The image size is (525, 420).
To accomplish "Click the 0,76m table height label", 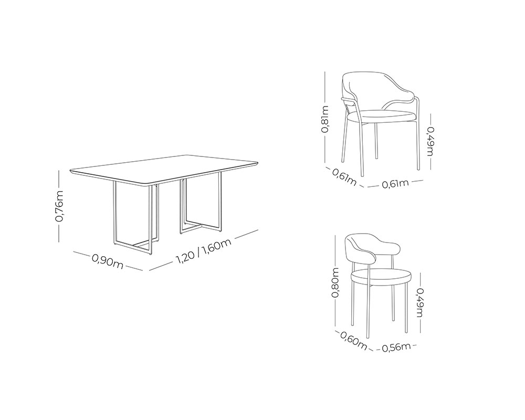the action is click(x=59, y=206).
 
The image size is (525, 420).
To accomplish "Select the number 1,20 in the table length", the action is click(x=185, y=257).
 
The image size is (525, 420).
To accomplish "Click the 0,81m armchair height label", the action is click(x=325, y=119).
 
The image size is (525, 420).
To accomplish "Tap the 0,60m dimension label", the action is click(x=353, y=340).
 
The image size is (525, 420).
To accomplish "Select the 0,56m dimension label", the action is click(x=396, y=348).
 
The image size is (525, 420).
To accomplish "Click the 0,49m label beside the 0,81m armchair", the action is click(x=430, y=141).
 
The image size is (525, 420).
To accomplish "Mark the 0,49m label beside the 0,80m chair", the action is click(x=420, y=303).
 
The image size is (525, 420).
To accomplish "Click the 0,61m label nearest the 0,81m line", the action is click(x=344, y=177).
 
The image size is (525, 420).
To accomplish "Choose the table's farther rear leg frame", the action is click(x=200, y=204).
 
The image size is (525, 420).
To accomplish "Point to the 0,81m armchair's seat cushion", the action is click(x=382, y=117).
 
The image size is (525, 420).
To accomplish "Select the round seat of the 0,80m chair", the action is click(x=381, y=278).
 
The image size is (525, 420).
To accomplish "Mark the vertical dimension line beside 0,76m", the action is click(x=59, y=206).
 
